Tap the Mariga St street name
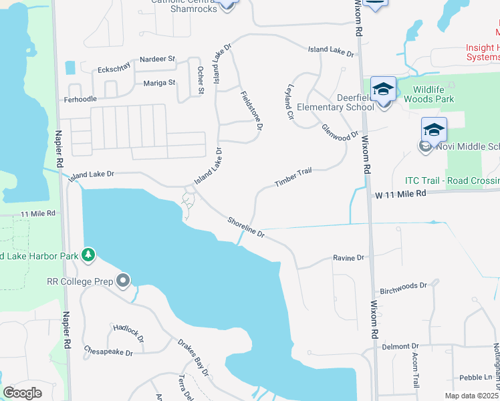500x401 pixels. point(159,83)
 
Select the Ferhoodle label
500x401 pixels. point(79,99)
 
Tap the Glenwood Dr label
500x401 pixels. point(340,132)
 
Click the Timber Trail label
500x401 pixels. point(293,177)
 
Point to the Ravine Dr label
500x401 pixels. point(349,257)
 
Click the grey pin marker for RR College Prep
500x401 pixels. point(122,281)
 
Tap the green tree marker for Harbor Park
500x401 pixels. point(88,255)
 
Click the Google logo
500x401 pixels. point(22,392)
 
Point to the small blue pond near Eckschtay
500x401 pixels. point(70,68)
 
